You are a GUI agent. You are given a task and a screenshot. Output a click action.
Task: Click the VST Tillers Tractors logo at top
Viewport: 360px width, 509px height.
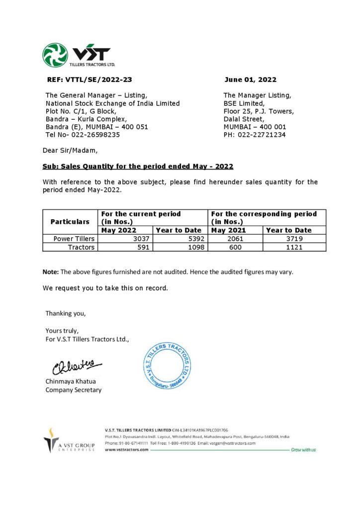(x=78, y=55)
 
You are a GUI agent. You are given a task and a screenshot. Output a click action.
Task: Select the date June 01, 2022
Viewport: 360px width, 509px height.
(x=250, y=80)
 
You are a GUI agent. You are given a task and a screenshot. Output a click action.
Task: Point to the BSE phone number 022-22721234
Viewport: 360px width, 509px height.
(x=263, y=134)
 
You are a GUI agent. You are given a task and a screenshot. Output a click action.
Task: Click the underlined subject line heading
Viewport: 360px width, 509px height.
(x=138, y=166)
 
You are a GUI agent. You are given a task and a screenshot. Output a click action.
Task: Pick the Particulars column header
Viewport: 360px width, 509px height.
(x=70, y=222)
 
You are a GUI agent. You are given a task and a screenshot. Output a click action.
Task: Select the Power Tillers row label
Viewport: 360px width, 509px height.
(x=74, y=239)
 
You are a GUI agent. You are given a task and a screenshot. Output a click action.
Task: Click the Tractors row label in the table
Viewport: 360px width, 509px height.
(x=81, y=247)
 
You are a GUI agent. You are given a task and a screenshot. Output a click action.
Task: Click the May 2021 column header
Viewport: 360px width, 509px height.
(x=229, y=230)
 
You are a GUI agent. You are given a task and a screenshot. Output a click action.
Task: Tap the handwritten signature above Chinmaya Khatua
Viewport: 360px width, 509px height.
(x=76, y=368)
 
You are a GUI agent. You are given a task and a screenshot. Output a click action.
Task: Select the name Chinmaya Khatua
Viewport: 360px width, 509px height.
(x=71, y=381)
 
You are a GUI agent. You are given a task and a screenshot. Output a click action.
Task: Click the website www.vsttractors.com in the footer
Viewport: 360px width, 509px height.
(x=127, y=449)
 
